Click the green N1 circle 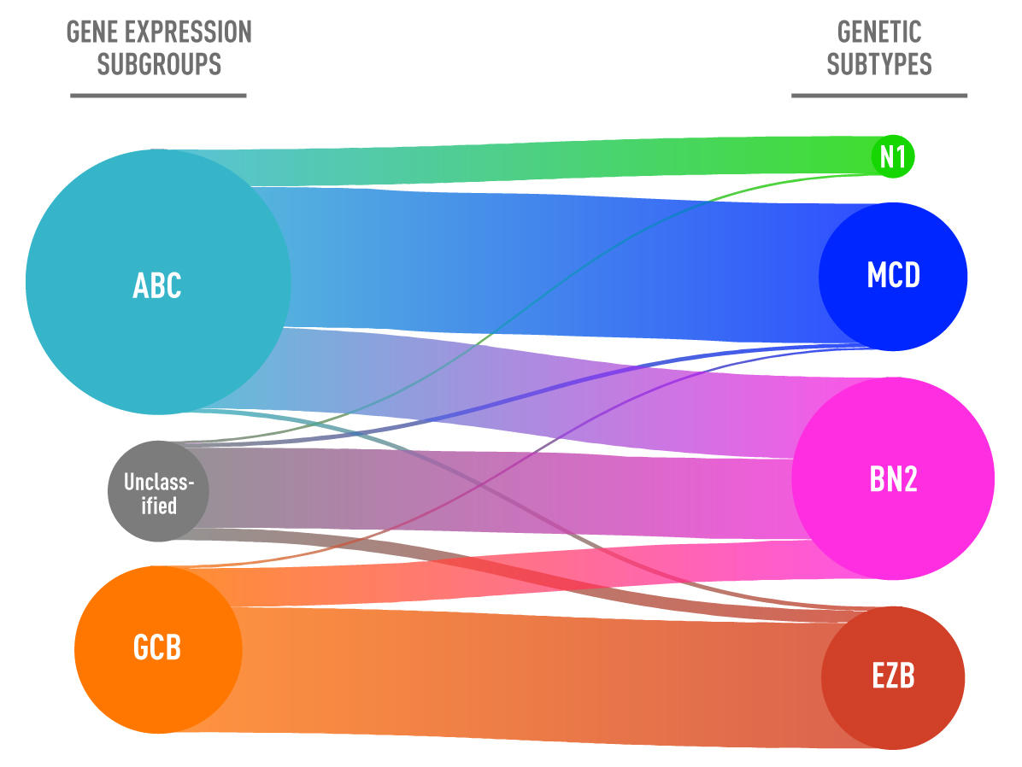(x=893, y=157)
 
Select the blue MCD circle (x=893, y=276)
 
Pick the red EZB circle (x=893, y=677)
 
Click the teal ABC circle (x=158, y=282)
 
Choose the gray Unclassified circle (x=158, y=491)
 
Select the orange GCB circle (x=158, y=649)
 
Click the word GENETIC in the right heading (x=879, y=32)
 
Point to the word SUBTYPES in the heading (x=879, y=64)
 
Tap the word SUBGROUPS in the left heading (x=159, y=64)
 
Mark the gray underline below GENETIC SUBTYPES (x=879, y=95)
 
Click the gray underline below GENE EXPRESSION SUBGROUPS (x=158, y=95)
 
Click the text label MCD (x=893, y=276)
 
